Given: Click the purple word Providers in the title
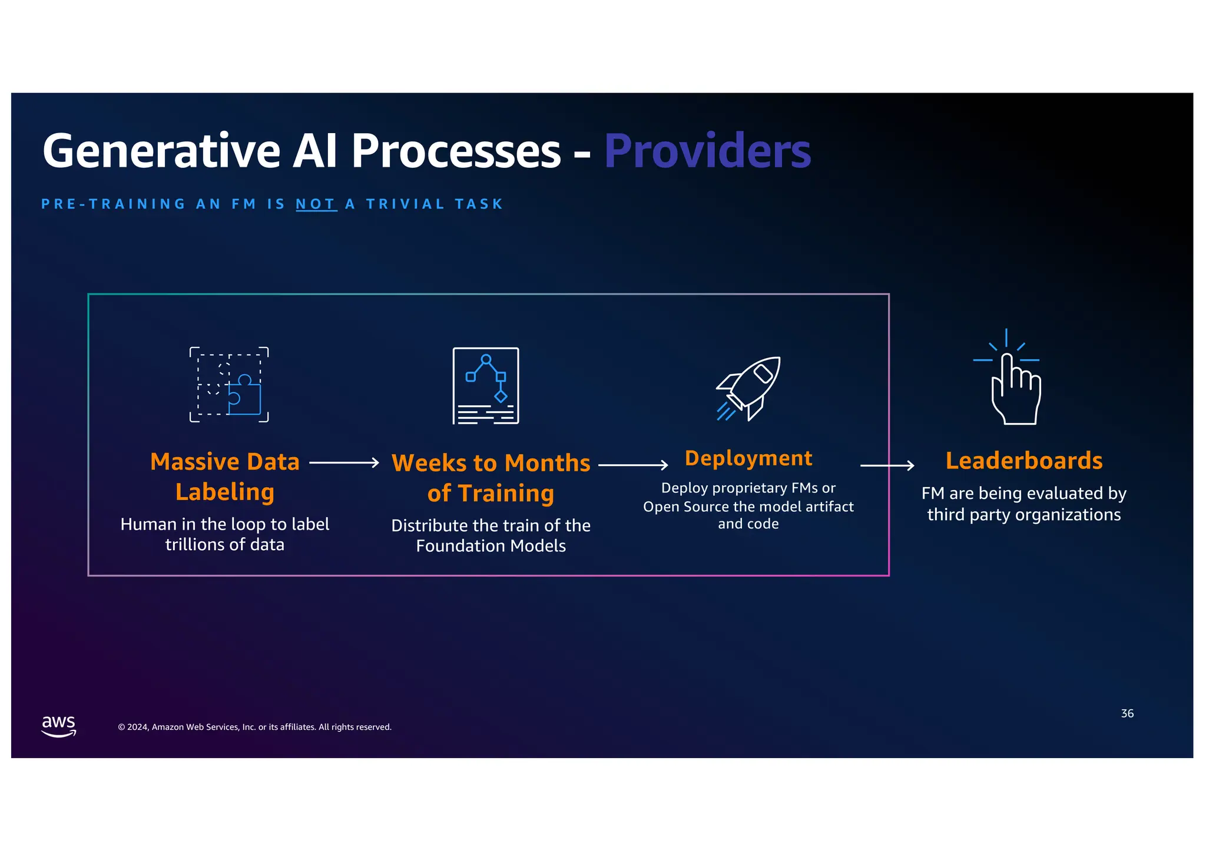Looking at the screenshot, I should click(707, 151).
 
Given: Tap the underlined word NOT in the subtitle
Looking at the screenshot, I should click(316, 204).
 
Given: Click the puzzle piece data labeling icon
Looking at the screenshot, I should click(229, 385).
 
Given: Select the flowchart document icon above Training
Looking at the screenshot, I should click(486, 386).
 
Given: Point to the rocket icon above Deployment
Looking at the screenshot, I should click(748, 389).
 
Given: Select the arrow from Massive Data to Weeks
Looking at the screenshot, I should click(344, 463).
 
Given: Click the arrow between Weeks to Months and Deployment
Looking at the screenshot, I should click(633, 465).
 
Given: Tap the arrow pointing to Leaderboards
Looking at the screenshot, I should click(887, 466).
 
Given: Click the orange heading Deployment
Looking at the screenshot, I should click(748, 458).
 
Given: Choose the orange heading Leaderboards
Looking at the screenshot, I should click(1023, 461).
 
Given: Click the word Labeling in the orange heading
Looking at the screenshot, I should click(225, 492).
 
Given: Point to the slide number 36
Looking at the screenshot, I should click(1127, 713).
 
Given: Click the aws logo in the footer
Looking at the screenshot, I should click(59, 725).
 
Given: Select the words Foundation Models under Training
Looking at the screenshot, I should click(491, 546).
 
